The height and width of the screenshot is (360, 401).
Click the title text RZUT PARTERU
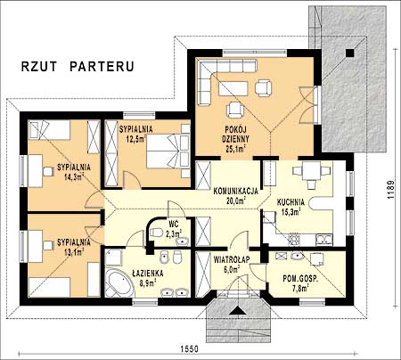[78, 67]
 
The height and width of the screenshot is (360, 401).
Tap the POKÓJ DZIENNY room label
[236, 135]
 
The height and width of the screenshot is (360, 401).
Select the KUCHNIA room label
[291, 202]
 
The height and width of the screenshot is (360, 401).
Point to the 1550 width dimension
[189, 348]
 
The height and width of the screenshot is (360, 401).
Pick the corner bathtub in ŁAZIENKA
[119, 282]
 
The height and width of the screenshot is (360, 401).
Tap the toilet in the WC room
[156, 232]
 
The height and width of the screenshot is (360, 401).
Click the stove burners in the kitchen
[293, 239]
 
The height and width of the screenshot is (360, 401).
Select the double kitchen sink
[324, 240]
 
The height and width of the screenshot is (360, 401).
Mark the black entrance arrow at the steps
[237, 310]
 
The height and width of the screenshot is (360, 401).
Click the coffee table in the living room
[233, 88]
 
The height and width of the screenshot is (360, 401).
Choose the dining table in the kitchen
[311, 170]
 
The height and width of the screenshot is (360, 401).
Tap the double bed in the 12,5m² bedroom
[168, 155]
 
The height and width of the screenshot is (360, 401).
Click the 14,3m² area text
[74, 177]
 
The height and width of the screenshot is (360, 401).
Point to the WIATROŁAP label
[232, 259]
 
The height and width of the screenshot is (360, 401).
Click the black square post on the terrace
[350, 53]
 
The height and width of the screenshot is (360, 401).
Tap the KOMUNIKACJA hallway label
[236, 192]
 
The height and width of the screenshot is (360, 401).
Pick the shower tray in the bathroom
[113, 258]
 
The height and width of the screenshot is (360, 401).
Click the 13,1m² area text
[74, 252]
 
